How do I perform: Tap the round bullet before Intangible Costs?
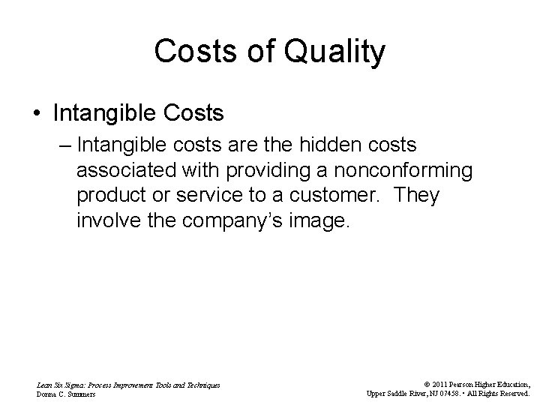37,114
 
